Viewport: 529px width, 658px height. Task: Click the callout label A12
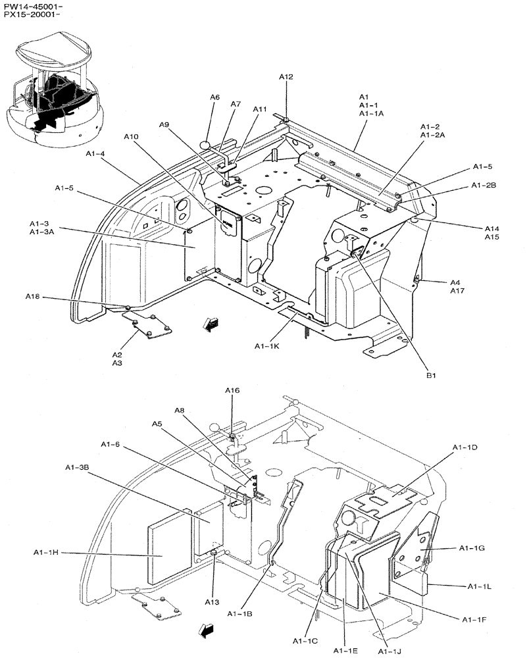286,77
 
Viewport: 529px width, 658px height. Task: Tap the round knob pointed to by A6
205,145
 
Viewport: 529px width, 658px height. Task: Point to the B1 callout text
432,375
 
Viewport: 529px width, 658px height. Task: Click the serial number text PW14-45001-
32,6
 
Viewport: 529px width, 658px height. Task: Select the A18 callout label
33,297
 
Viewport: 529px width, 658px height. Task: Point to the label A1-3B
77,467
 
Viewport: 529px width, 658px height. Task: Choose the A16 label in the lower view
232,390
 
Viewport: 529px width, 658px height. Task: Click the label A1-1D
465,447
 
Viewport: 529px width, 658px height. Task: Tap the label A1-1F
474,619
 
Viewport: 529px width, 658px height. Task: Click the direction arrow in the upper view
211,323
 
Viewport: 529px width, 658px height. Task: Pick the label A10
132,136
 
